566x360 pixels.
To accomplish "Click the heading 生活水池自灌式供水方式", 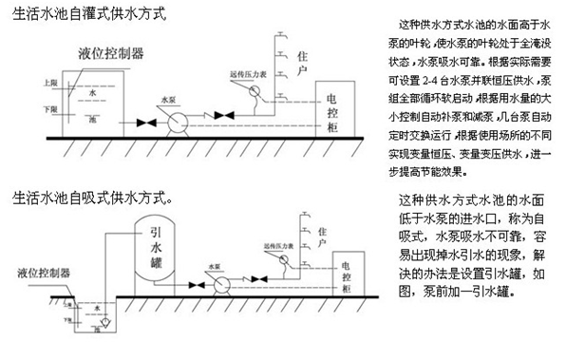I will [85, 15].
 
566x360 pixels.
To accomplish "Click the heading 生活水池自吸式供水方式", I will [87, 199].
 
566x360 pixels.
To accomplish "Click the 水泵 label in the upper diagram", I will [168, 98].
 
